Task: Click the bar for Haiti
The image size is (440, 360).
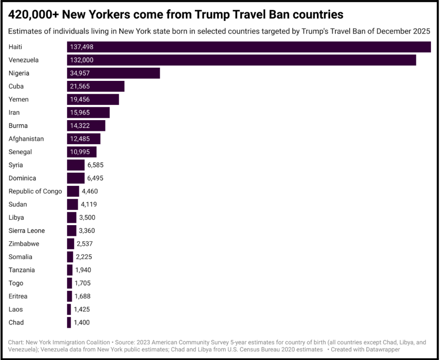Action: (x=248, y=47)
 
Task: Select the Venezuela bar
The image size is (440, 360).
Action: (x=241, y=60)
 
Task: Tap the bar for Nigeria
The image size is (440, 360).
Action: (x=114, y=73)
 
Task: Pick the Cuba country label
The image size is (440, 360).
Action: (x=16, y=86)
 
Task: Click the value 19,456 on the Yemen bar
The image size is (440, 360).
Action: (x=80, y=99)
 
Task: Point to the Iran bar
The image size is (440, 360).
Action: (x=88, y=113)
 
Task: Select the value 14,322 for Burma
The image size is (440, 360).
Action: (x=80, y=126)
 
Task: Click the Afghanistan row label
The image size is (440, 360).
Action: (x=26, y=139)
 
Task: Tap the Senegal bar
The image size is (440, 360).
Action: (x=82, y=152)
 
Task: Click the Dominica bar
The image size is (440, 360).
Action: (x=76, y=178)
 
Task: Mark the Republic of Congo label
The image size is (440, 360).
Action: (x=35, y=191)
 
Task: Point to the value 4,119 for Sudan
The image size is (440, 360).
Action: (x=88, y=204)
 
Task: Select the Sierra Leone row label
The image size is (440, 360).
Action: (x=27, y=230)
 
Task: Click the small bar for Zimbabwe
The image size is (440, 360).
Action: (x=70, y=244)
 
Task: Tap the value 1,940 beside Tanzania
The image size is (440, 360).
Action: (x=82, y=270)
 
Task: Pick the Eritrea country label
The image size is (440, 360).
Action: (x=18, y=296)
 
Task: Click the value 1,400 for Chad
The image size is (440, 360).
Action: (x=81, y=323)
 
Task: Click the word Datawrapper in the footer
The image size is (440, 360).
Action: (x=379, y=349)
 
